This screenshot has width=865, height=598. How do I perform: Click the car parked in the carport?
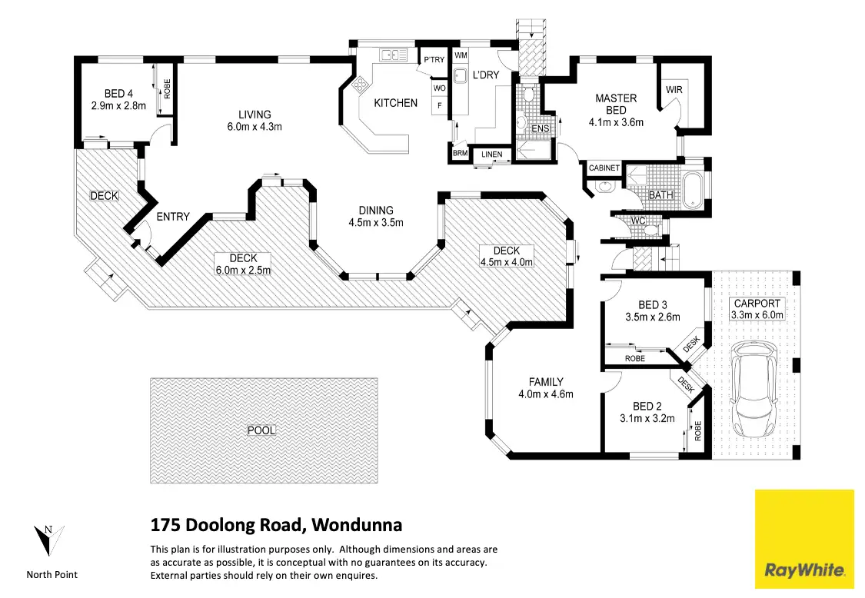754,388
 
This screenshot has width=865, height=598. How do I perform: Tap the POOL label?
261,430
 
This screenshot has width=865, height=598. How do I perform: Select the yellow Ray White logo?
804,538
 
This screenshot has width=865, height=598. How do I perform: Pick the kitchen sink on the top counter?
393,55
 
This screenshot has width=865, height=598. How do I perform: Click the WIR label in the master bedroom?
674,90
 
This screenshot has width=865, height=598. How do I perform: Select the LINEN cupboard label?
492,155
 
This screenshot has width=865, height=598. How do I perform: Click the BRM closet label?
460,154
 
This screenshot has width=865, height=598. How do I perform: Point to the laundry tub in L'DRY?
461,77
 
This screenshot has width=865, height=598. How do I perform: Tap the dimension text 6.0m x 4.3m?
255,127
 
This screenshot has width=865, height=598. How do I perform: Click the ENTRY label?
172,217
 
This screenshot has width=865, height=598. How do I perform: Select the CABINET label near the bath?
604,168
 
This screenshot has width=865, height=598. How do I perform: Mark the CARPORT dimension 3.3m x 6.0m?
757,315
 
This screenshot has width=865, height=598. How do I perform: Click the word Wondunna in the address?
358,526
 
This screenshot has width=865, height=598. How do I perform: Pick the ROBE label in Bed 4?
167,89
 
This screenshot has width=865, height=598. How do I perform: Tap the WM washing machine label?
461,56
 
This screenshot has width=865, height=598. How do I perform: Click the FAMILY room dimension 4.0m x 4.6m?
546,394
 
